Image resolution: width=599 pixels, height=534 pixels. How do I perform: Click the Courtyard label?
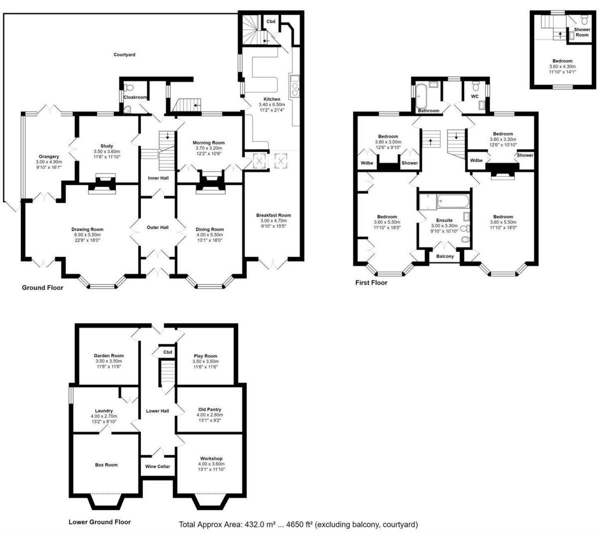coord(124,54)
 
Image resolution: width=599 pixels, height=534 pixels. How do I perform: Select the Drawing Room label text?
coord(87,229)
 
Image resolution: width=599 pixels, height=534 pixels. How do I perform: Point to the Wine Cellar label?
coord(157,466)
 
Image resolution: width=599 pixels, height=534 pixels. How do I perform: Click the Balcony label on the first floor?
coord(445,256)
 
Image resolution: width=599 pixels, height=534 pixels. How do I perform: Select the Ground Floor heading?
coord(42,287)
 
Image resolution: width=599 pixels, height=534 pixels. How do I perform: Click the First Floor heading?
coord(371,282)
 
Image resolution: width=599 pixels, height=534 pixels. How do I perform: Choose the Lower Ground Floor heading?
coord(99,521)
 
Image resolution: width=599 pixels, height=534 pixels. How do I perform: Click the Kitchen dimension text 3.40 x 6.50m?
coord(272,104)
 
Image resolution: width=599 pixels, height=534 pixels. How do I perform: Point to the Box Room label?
coord(106,465)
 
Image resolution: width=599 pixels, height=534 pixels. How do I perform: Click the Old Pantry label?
coord(209,409)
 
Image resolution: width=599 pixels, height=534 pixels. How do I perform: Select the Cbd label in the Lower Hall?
coord(168,352)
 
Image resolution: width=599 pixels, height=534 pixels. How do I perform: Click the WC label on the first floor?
coord(475,96)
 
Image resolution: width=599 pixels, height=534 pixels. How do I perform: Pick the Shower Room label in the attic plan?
coord(582,32)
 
